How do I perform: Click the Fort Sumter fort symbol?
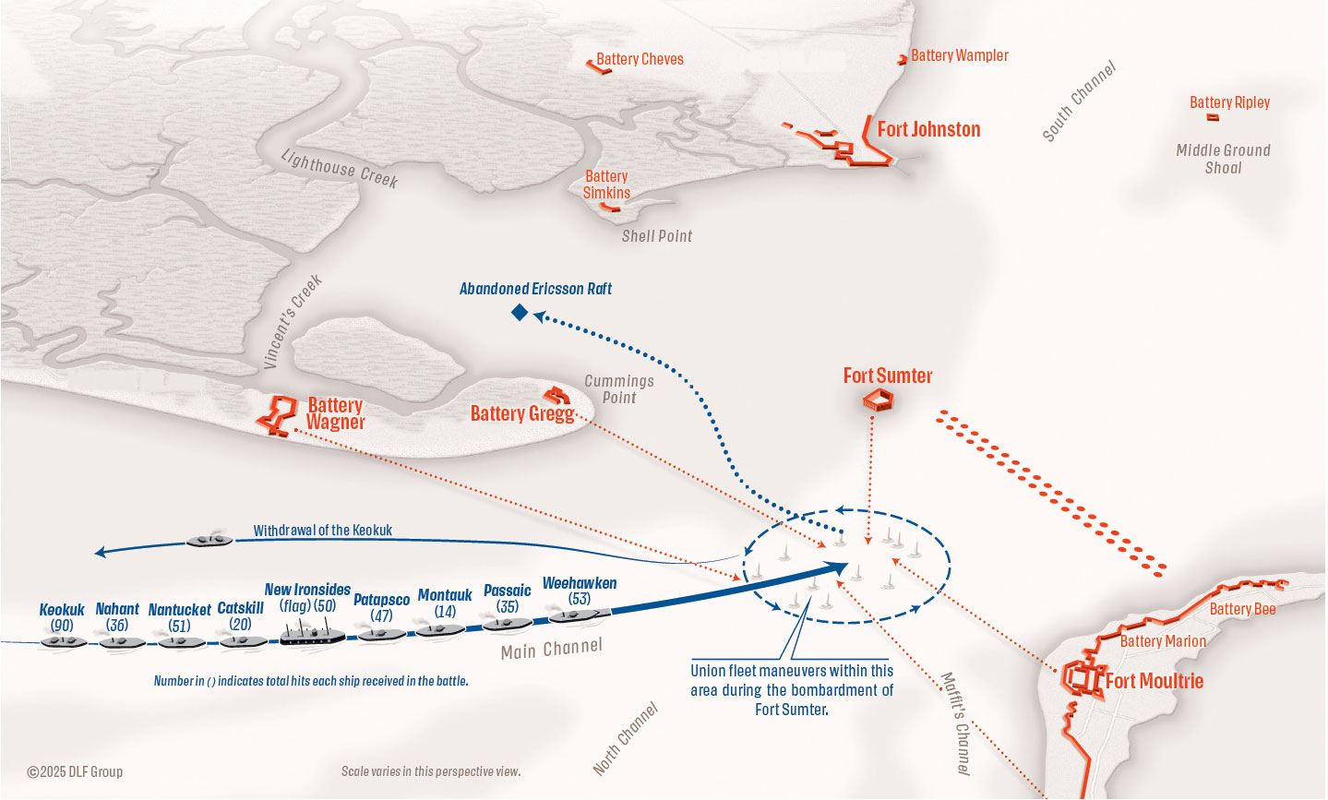click(878, 400)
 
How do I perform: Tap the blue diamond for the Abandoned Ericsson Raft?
click(520, 313)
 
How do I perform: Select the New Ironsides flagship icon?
click(312, 633)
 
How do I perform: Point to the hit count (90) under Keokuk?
click(62, 626)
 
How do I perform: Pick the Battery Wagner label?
click(335, 413)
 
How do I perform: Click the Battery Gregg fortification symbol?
click(556, 395)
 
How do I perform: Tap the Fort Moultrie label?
click(1155, 681)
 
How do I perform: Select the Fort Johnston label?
click(928, 129)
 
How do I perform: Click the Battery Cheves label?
click(640, 59)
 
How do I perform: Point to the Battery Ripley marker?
click(1213, 117)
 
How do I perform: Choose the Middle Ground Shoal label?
click(1223, 159)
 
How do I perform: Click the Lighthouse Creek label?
click(340, 169)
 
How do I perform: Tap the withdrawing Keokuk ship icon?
click(210, 539)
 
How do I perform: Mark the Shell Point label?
click(656, 236)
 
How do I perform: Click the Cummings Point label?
click(619, 388)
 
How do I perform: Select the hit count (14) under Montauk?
click(445, 611)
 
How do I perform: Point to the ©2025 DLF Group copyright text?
click(75, 771)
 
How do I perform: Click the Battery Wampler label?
click(959, 55)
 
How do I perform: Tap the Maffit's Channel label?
click(955, 722)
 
